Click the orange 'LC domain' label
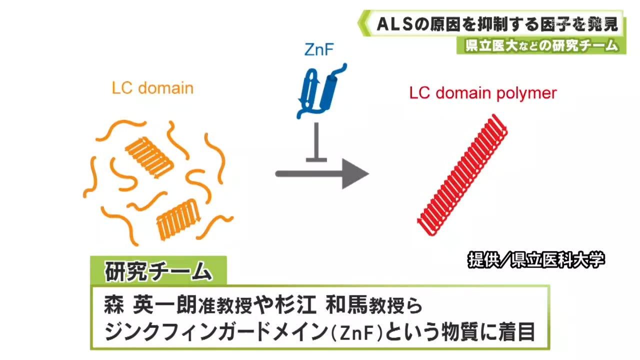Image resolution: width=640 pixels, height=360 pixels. click(152, 88)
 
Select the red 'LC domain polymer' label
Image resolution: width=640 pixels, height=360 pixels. click(482, 93)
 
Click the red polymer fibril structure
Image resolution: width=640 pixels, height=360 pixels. click(462, 174)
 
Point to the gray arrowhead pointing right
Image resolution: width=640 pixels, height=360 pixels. click(354, 173)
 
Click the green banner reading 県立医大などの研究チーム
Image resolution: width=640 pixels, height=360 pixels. click(540, 46)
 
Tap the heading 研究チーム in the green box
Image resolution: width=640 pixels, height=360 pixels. click(158, 272)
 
